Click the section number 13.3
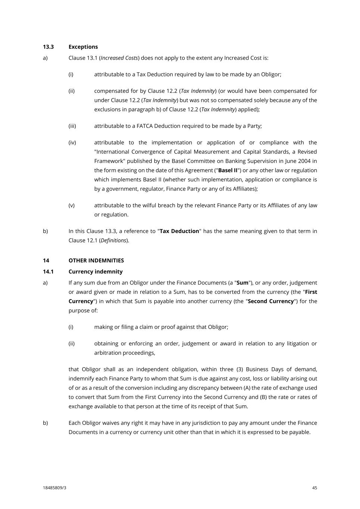[48, 47]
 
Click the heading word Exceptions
[83, 47]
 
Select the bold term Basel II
[228, 170]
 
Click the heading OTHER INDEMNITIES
[96, 260]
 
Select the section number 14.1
[48, 271]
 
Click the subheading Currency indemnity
[96, 271]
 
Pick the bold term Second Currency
[271, 301]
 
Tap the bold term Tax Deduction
[179, 231]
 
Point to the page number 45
[314, 488]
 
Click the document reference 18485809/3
[54, 488]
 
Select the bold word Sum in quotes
[242, 283]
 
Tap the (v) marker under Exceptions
[71, 205]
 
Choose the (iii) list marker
[72, 126]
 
